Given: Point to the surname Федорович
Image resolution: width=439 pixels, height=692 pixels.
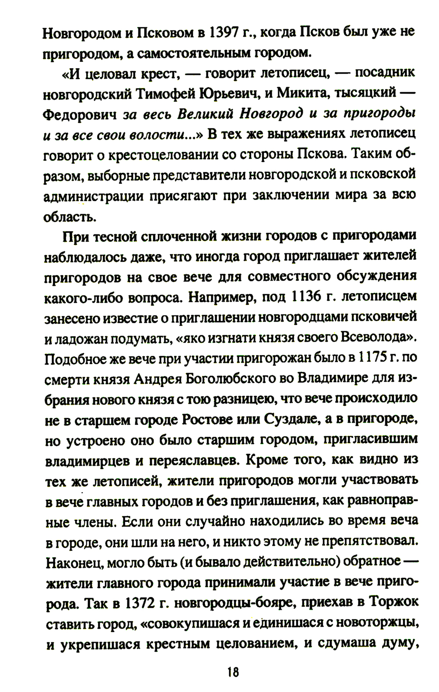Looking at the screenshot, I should coord(80,114).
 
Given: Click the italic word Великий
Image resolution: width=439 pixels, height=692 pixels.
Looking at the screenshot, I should coord(206,113).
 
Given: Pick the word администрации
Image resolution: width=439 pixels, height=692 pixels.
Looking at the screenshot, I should coord(94,196).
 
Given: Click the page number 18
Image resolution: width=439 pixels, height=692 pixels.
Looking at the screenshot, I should coord(233,672).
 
